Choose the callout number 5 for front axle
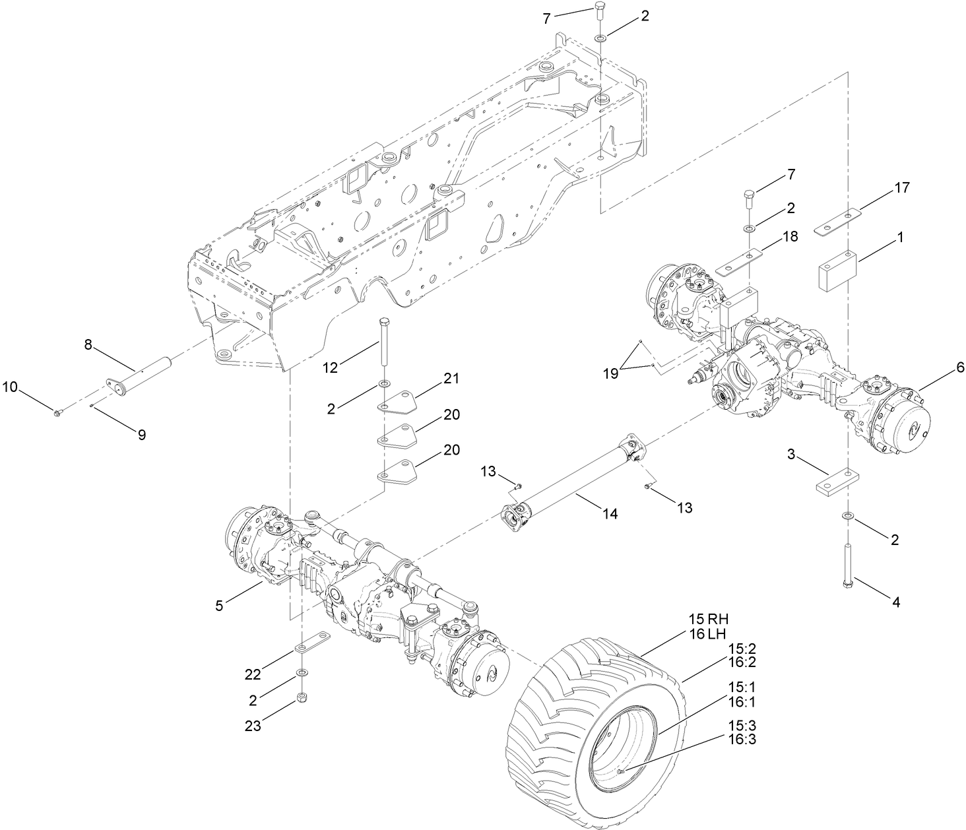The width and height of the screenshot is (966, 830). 218,605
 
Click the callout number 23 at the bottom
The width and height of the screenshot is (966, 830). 253,726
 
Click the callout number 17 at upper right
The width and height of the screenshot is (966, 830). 902,187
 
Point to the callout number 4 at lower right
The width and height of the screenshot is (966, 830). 895,602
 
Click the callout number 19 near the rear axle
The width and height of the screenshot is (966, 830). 610,373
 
